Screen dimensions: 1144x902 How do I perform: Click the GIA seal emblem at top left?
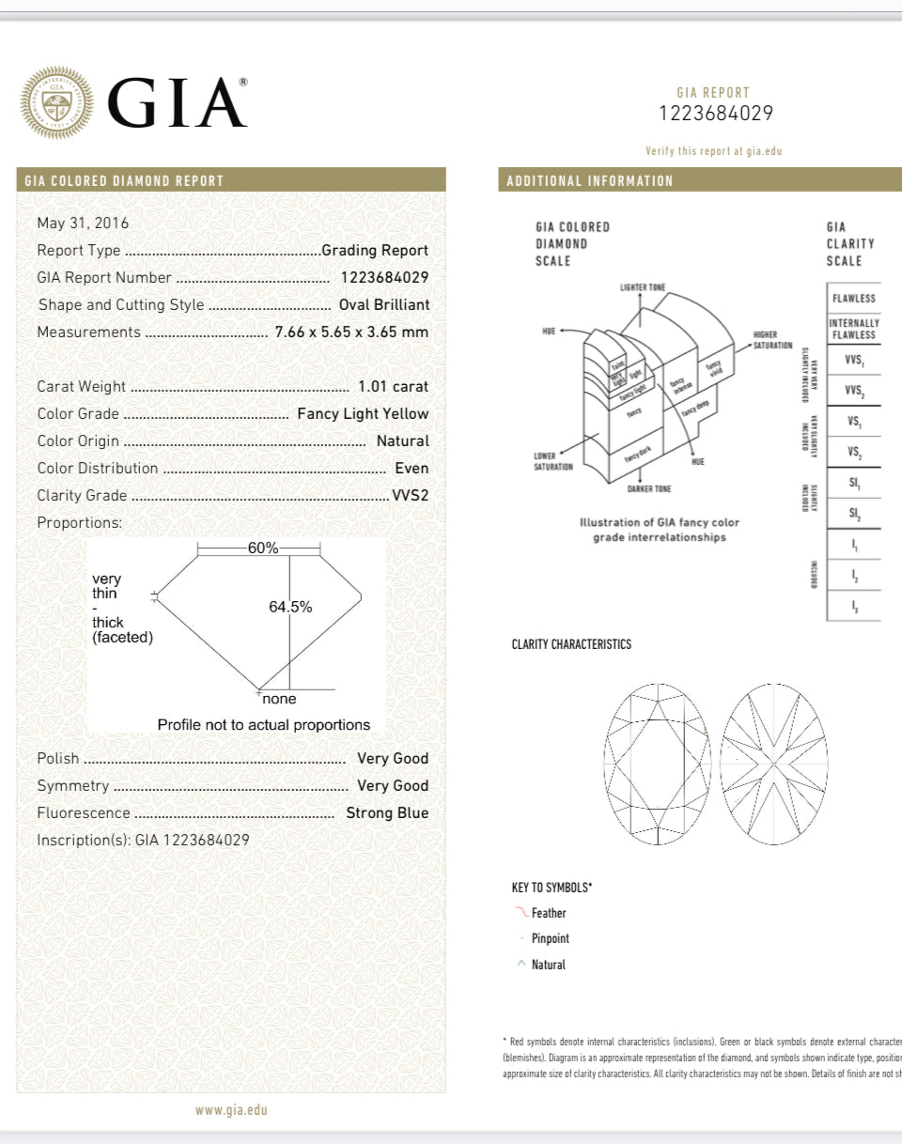[x=57, y=102]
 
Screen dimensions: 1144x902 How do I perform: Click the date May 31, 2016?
[x=83, y=223]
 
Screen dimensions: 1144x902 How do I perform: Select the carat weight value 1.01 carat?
[x=393, y=386]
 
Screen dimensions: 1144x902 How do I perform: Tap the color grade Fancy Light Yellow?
[x=363, y=413]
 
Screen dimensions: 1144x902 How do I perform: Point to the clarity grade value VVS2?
[x=410, y=495]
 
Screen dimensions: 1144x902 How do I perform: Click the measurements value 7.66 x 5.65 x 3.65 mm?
[x=351, y=332]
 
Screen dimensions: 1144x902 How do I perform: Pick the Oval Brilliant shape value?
[x=383, y=304]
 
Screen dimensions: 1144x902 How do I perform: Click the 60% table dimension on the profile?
[x=262, y=549]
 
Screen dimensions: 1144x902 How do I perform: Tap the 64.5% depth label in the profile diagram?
[x=290, y=607]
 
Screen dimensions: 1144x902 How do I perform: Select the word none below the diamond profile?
[x=279, y=699]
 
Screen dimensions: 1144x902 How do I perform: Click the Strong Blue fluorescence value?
[x=387, y=812]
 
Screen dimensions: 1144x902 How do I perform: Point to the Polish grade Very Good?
[x=393, y=758]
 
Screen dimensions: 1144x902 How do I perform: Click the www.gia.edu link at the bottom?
[x=231, y=1109]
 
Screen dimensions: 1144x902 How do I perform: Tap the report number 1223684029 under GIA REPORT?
[x=716, y=114]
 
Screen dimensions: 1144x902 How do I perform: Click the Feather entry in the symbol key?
[x=549, y=913]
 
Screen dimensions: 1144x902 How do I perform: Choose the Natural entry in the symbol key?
[x=549, y=965]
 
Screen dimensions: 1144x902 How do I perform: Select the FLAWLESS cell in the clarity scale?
[x=853, y=299]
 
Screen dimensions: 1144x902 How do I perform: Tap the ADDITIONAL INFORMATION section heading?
[x=590, y=180]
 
